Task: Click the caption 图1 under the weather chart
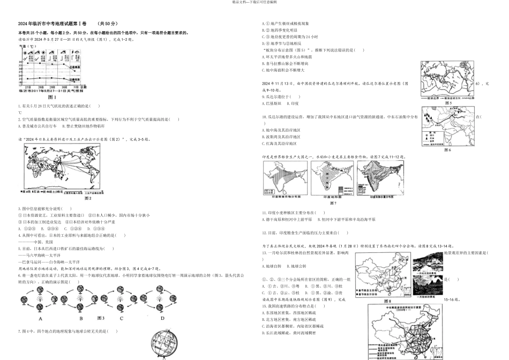[52, 97]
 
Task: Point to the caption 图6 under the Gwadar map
[447, 149]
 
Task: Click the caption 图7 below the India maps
[333, 203]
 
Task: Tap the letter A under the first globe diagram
[40, 317]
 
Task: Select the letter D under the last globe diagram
[162, 318]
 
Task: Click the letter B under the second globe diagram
[81, 318]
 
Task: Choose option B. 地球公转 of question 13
[298, 266]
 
